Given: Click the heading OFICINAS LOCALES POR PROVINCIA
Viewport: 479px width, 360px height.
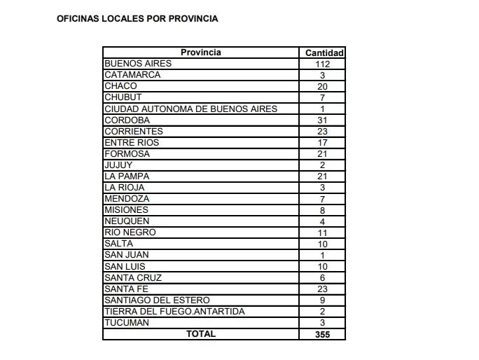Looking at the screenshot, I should (x=137, y=19).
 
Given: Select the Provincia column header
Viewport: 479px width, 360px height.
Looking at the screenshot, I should (x=201, y=53).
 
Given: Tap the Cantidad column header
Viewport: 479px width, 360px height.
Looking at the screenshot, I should (x=324, y=53).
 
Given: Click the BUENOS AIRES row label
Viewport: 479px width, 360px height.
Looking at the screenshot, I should (x=138, y=64).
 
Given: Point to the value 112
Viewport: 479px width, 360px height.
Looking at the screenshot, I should (x=323, y=64).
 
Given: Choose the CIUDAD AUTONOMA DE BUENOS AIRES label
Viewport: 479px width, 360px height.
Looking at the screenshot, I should (x=190, y=109).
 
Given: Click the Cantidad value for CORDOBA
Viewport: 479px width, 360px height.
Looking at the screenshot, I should (x=323, y=120).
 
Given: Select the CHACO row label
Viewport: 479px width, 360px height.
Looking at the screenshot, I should (x=120, y=86).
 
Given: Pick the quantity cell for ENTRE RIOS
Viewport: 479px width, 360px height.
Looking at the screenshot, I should (x=323, y=142).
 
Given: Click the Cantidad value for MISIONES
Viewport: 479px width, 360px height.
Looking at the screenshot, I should (x=323, y=209).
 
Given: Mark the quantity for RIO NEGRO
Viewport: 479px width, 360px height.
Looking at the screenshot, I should (x=323, y=232).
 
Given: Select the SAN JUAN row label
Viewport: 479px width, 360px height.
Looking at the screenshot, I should (x=126, y=254).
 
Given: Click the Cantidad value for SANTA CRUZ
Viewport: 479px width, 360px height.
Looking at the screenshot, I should (x=323, y=277).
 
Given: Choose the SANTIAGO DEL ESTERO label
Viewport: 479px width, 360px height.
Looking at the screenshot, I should (x=157, y=300).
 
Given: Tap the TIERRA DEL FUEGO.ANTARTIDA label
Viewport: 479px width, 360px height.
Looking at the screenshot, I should (x=174, y=311).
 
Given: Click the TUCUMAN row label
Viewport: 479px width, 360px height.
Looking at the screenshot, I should (x=126, y=322).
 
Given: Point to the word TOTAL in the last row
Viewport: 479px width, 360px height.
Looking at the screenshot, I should (x=201, y=334).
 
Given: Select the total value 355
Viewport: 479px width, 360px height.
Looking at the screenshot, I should (x=323, y=334).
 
